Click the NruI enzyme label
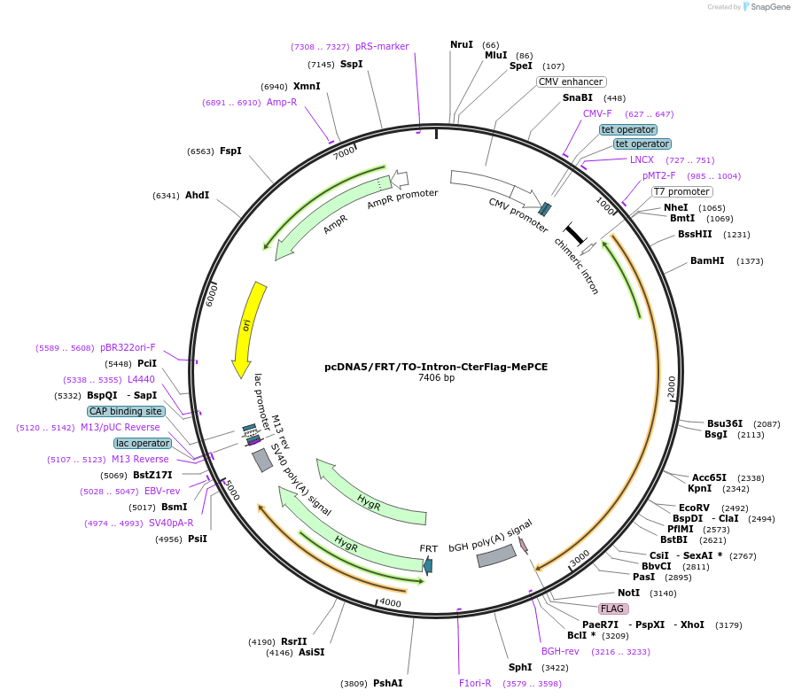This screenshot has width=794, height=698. pos(462,44)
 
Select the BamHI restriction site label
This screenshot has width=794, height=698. pos(707,260)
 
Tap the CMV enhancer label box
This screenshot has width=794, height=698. pos(571,81)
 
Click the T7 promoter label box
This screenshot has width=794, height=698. pos(681,191)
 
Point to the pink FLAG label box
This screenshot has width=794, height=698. pos(613,609)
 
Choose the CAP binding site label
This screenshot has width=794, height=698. pos(125,411)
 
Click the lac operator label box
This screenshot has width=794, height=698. pos(142,443)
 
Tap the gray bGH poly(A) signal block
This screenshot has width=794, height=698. pos(496,555)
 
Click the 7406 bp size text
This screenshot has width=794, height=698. pos(436,378)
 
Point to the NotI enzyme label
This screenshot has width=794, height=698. pos(628,593)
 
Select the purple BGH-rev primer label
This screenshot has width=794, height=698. pos(560,651)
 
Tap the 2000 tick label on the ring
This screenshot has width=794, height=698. pos(672,387)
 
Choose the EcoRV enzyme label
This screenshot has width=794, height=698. pos(694,508)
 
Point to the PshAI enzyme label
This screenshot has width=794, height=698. pos(387,683)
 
